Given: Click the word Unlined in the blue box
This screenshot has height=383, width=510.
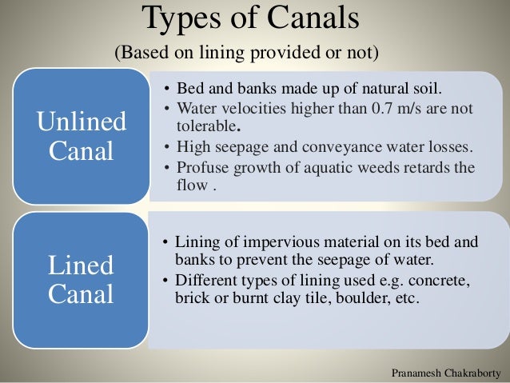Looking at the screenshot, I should [x=81, y=122].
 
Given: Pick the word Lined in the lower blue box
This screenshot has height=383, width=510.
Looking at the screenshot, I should [x=81, y=265].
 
